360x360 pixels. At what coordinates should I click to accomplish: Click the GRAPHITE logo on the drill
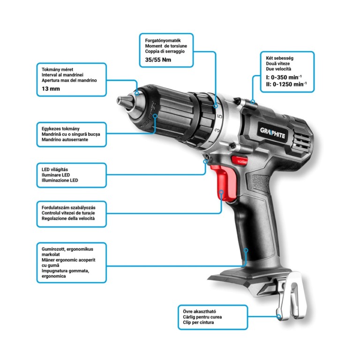tap(272, 133)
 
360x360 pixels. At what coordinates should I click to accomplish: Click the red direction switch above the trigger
tap(239, 160)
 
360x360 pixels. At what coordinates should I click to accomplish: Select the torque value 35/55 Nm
tap(158, 60)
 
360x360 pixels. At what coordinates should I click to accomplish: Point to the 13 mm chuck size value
tap(51, 89)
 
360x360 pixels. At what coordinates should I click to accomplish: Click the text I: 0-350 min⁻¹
tap(284, 77)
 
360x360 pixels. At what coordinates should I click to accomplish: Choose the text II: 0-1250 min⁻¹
tap(286, 84)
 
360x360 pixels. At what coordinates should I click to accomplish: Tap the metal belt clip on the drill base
tap(292, 296)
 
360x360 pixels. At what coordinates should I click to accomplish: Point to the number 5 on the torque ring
tap(220, 116)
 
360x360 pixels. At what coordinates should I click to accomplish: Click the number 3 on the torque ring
tap(217, 131)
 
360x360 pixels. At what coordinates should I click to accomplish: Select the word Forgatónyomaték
tap(163, 40)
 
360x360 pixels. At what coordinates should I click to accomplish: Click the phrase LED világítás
tap(55, 169)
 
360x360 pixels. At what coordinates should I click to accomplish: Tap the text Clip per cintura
tap(198, 322)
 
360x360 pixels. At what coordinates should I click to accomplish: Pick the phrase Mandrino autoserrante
tap(65, 140)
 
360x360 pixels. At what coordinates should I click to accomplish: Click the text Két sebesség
tap(280, 58)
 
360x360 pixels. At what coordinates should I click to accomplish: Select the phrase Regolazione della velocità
tap(68, 218)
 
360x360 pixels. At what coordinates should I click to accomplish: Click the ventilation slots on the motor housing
tap(300, 139)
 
